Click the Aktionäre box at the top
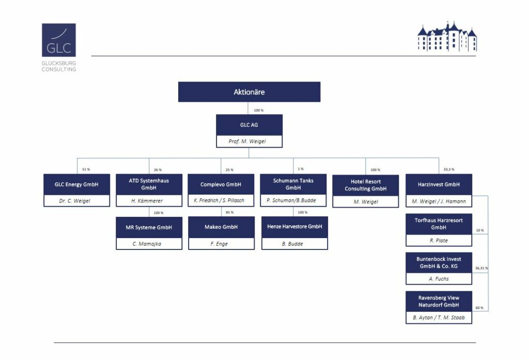(249, 92)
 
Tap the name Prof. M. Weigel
(247, 142)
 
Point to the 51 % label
(86, 169)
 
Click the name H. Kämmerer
(147, 201)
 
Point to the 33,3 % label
(449, 169)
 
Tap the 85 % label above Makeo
(229, 212)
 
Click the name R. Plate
(439, 241)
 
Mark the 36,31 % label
(481, 268)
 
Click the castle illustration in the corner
(447, 37)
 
